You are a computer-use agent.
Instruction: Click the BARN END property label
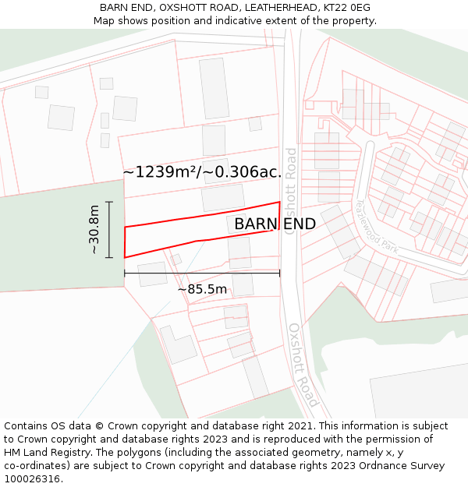pyautogui.click(x=275, y=224)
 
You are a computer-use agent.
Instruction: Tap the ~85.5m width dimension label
pyautogui.click(x=202, y=290)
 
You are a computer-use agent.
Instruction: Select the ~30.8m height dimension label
pyautogui.click(x=94, y=230)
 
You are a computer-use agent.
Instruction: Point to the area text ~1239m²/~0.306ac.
pyautogui.click(x=202, y=171)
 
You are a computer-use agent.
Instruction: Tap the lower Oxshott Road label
pyautogui.click(x=303, y=365)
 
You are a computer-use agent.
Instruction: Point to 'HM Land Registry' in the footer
pyautogui.click(x=44, y=453)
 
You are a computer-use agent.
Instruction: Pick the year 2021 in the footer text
pyautogui.click(x=300, y=426)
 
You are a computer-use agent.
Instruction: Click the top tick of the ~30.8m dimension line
pyautogui.click(x=109, y=202)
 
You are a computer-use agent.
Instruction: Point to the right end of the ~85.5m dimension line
pyautogui.click(x=280, y=273)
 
